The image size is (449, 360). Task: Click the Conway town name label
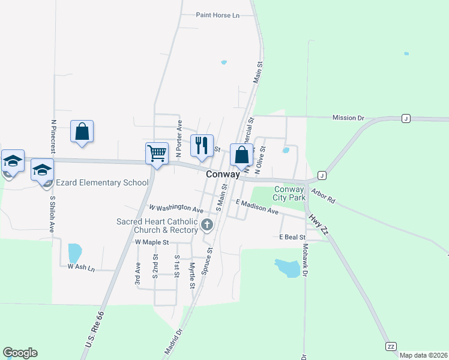point(223,174)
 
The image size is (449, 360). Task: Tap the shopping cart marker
point(157,153)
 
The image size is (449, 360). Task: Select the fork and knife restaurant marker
point(202,146)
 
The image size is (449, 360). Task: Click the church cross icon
point(207,225)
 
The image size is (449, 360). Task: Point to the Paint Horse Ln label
point(218,15)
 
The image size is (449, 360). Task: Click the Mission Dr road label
point(348,118)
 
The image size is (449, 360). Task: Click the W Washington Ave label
point(176,209)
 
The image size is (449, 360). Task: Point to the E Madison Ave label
point(257,207)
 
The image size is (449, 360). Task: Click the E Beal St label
point(293,237)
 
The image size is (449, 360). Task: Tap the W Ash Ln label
point(82,267)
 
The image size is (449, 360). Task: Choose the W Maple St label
point(152,242)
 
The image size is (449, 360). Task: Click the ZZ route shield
point(391,347)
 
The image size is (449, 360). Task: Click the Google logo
point(20,353)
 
